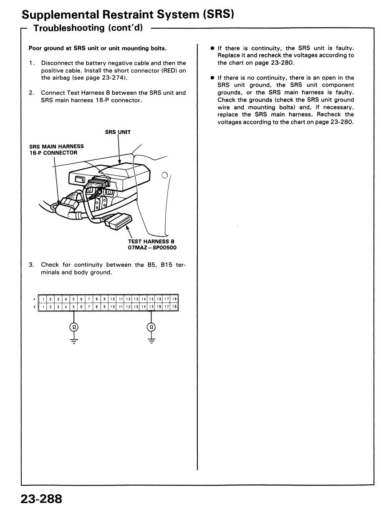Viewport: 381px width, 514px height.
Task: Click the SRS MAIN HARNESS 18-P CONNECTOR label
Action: pyautogui.click(x=56, y=149)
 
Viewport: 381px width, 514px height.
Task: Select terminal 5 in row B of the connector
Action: pyautogui.click(x=73, y=306)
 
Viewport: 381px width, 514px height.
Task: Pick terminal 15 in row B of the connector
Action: pyautogui.click(x=152, y=306)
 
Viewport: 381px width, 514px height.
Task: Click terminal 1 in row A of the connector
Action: pyautogui.click(x=41, y=299)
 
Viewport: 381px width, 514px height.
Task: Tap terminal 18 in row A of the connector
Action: pyautogui.click(x=175, y=299)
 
